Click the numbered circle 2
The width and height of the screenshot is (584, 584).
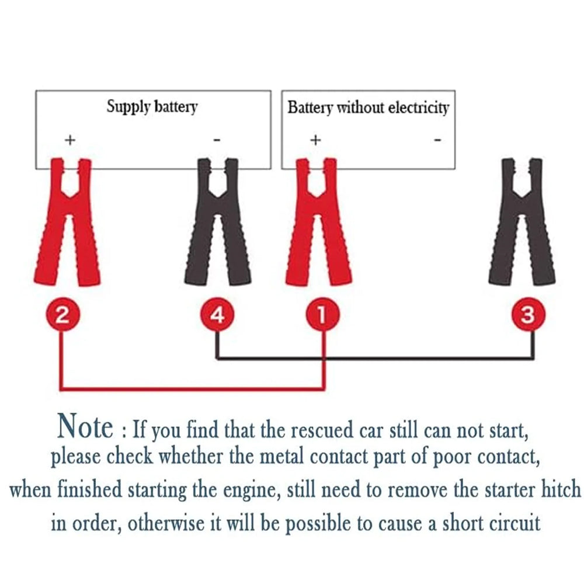coord(61,316)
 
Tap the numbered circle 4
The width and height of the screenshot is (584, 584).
coord(217,316)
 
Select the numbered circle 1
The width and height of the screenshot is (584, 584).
coord(321,316)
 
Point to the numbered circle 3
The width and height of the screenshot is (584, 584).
coord(527,316)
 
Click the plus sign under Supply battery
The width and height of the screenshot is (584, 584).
coord(70,140)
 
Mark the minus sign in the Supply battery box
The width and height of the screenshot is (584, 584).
coord(217,140)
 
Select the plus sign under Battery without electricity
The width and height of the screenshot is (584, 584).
coord(315,140)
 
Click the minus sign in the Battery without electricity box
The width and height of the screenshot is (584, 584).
coord(437,140)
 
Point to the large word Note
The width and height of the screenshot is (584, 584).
coord(85,426)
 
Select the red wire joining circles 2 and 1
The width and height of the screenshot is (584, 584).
coord(193,388)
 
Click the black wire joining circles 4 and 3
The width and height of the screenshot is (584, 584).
coord(374,357)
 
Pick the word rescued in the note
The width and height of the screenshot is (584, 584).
coord(319,430)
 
